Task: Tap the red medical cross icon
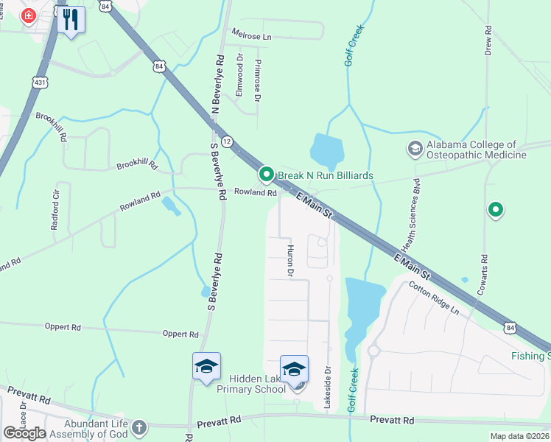click(x=29, y=16)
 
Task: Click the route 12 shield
click(x=227, y=141)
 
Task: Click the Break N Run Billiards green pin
click(x=266, y=175)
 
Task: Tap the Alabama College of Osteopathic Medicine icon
click(x=415, y=150)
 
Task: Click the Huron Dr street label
click(x=290, y=261)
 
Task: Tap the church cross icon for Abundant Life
click(x=138, y=426)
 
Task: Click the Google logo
click(x=24, y=433)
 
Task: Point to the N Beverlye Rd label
click(x=216, y=85)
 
